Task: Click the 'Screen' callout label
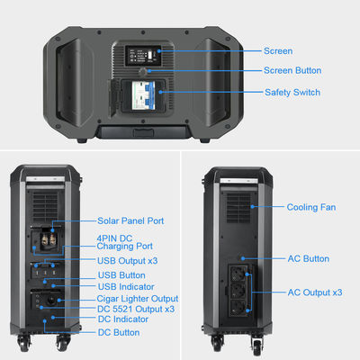(x=277, y=51)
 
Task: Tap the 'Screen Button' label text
(x=292, y=70)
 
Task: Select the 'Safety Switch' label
(x=292, y=92)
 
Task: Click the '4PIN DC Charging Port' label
(x=124, y=241)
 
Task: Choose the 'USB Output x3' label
(x=126, y=261)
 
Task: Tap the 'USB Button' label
(x=121, y=274)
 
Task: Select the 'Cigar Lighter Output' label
(x=137, y=298)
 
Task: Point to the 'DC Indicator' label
(x=121, y=319)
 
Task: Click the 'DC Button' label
(x=118, y=332)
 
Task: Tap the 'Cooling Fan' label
(x=311, y=207)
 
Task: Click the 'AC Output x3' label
(x=314, y=292)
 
